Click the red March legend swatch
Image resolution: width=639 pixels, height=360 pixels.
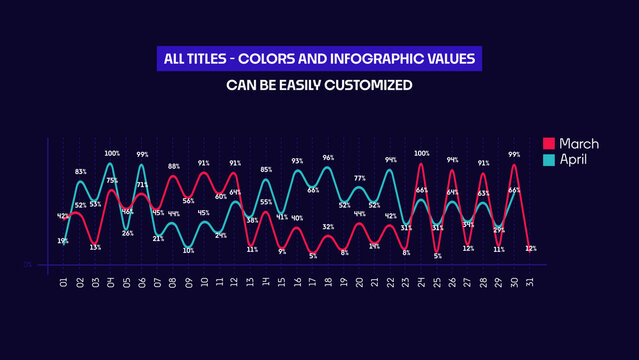point(548,144)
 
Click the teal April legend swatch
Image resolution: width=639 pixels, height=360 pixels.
point(548,159)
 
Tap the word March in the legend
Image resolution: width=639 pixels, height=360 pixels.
point(579,144)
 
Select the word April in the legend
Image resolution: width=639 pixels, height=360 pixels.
point(573,159)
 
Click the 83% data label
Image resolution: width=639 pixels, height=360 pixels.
point(80,172)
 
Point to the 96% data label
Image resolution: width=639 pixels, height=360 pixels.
point(328,158)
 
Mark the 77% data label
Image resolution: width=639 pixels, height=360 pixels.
point(359,178)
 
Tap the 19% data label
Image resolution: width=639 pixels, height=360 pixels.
point(63,240)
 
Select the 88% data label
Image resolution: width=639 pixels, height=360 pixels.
point(174,167)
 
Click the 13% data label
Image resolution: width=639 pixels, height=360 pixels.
point(95,247)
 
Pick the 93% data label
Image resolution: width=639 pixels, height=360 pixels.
point(297,161)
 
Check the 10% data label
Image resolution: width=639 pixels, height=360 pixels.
point(188,251)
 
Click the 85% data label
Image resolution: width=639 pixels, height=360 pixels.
point(266,170)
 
